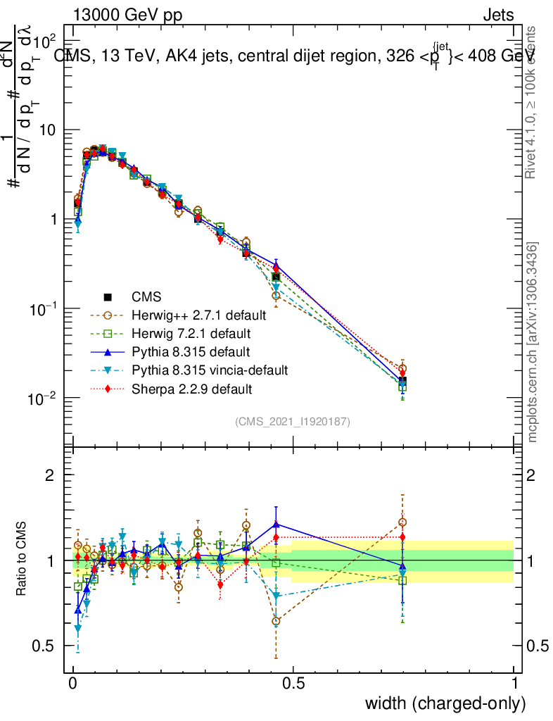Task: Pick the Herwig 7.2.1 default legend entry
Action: pos(191,333)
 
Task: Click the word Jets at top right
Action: pos(498,16)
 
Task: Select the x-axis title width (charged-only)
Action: pos(445,703)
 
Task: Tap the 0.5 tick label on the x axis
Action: pos(293,682)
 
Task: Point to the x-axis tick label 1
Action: pos(514,682)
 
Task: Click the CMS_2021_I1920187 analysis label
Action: pos(293,422)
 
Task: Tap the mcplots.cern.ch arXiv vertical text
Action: pos(533,343)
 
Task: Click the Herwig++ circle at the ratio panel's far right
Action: pos(402,522)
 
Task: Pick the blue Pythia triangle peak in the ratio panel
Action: pos(276,524)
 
